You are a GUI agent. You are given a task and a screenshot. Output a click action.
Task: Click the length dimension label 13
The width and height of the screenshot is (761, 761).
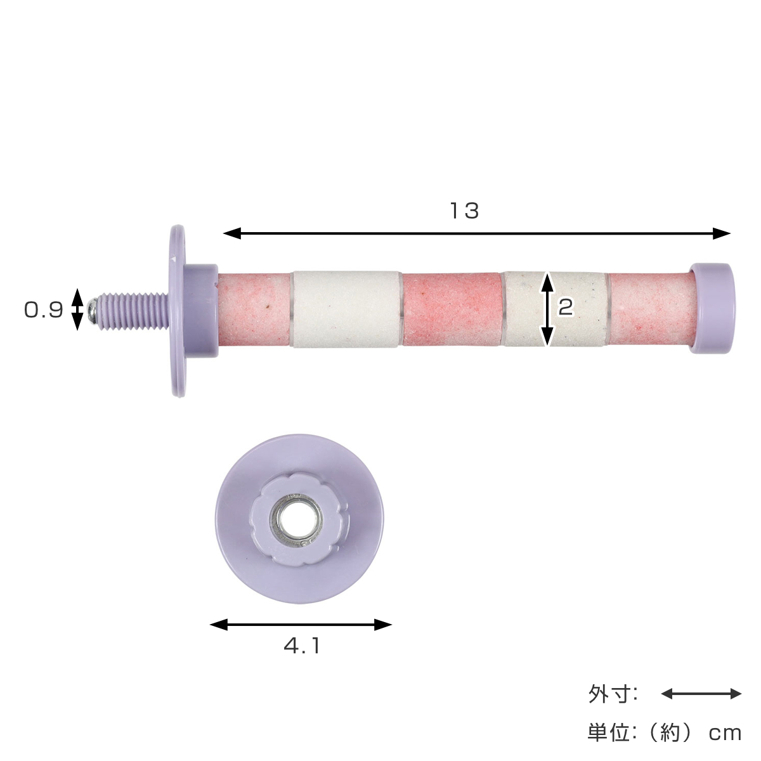465,211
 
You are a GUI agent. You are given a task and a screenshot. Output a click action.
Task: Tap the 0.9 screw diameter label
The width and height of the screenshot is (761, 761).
44,310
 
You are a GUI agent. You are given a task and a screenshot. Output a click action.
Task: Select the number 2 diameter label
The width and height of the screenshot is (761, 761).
566,307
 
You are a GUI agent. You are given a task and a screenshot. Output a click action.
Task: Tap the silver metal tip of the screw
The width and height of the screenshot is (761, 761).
92,309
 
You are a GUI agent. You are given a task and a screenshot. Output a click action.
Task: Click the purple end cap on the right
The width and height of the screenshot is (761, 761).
712,309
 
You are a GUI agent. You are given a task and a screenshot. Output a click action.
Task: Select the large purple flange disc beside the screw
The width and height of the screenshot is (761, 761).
178,310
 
